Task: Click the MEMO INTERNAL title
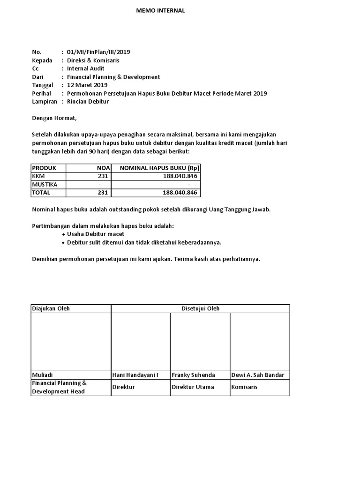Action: tap(160, 11)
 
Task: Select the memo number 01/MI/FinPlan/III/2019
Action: tap(98, 52)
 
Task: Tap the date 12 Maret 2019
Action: tap(87, 85)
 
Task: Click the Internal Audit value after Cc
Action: tap(86, 68)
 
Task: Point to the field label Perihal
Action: tap(42, 93)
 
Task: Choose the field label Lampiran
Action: tap(44, 101)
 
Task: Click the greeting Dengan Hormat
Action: tap(53, 118)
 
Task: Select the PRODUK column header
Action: tap(44, 168)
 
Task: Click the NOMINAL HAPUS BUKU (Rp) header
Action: tap(159, 168)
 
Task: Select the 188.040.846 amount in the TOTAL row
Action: tap(180, 193)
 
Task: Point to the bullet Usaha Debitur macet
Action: tap(96, 234)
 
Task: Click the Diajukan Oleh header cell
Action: tap(51, 308)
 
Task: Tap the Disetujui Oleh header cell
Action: tap(200, 308)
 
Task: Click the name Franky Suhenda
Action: tap(193, 375)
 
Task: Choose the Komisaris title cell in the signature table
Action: tap(244, 387)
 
